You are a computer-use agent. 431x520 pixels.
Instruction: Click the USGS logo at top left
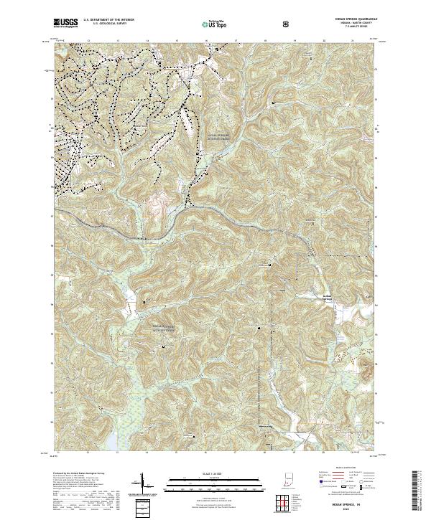click(x=65, y=23)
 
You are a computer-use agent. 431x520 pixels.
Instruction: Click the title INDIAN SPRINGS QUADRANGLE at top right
click(x=351, y=19)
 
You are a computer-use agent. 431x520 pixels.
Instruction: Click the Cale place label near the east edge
click(x=351, y=296)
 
